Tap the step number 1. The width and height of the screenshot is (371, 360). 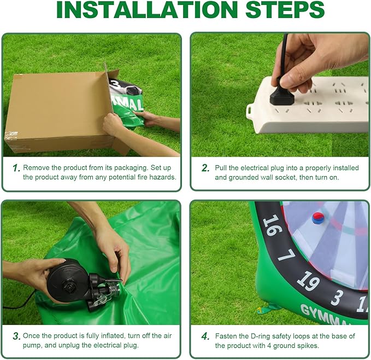[16, 168]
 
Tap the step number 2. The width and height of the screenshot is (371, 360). [205, 168]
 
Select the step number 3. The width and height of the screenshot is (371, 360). [16, 336]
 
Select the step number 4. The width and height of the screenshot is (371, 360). [205, 336]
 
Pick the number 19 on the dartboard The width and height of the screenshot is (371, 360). [308, 281]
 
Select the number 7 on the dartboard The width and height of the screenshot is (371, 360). [286, 255]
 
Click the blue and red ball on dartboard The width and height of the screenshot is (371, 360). [317, 218]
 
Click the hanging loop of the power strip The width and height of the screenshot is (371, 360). [251, 110]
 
